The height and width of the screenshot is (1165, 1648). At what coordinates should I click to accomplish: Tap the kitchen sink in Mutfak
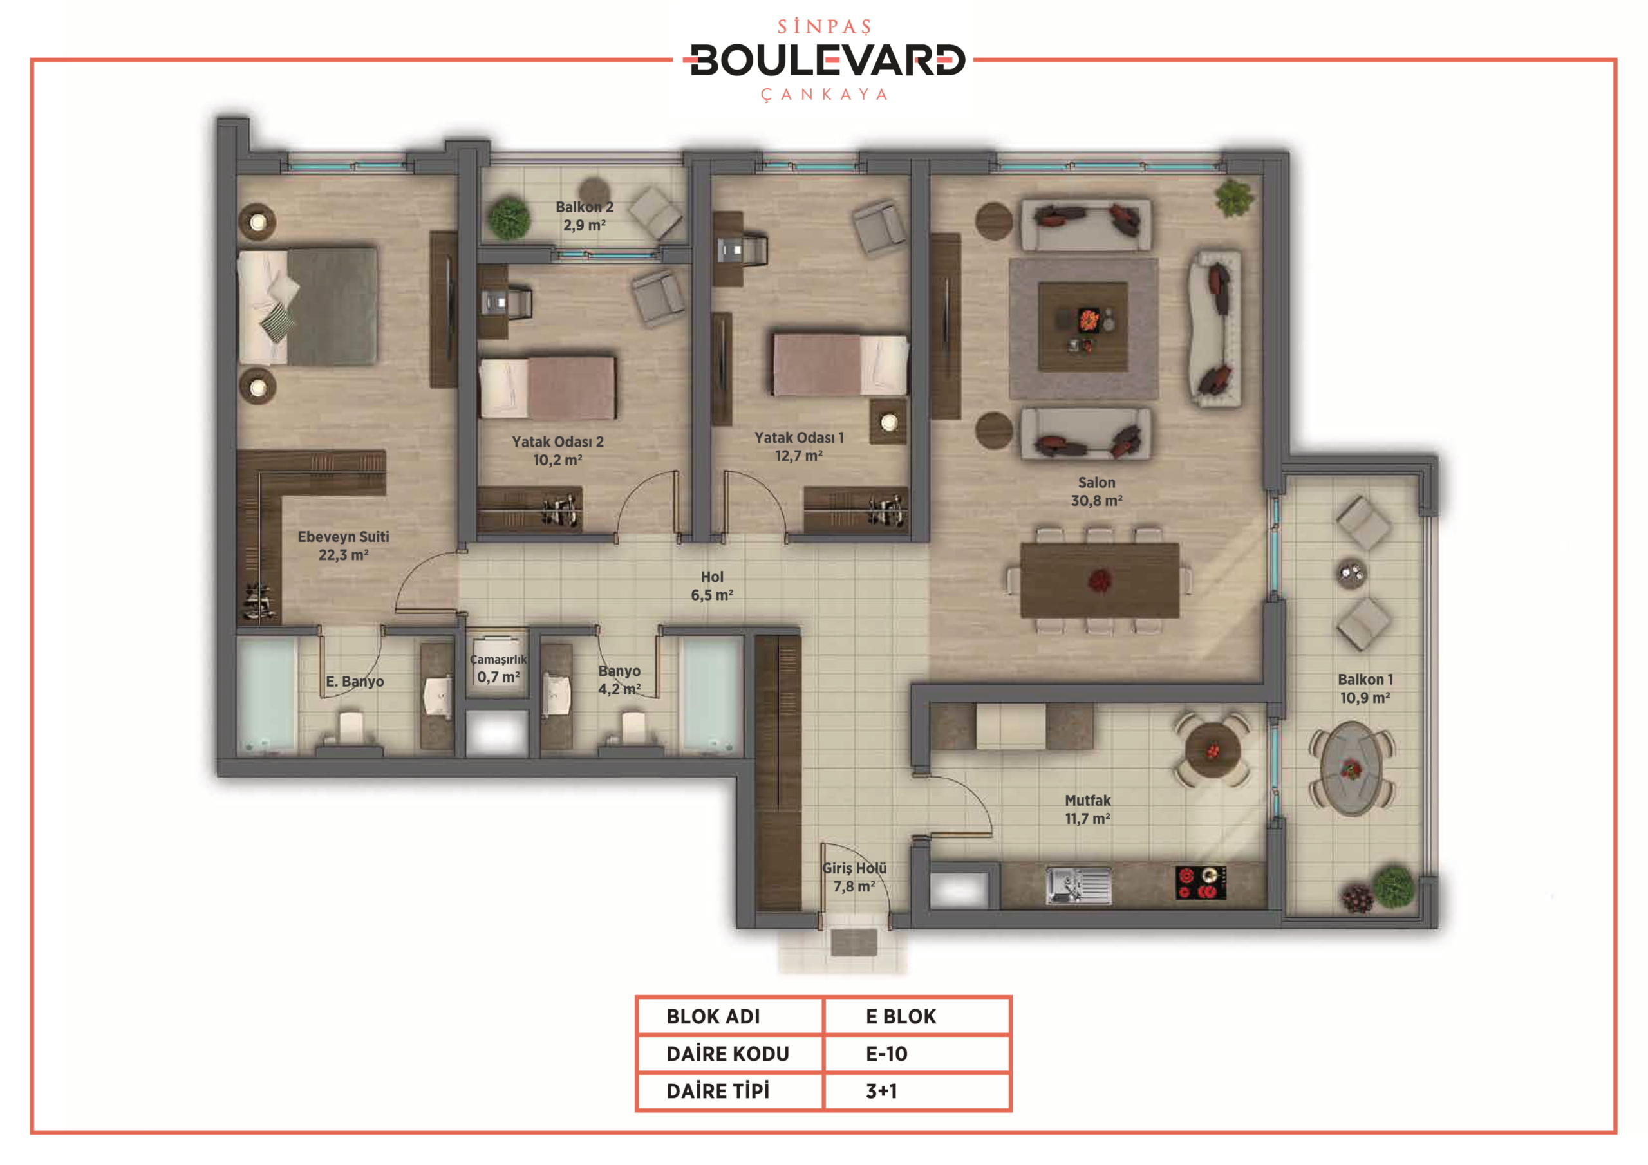1078,885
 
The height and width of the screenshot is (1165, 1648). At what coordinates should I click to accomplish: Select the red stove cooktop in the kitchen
1201,883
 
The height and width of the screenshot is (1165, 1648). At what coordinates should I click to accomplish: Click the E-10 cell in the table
886,1054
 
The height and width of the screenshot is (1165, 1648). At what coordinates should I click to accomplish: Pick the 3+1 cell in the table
881,1091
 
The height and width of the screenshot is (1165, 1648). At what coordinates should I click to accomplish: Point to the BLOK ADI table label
713,1016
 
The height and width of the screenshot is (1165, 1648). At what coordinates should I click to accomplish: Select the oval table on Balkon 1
1352,770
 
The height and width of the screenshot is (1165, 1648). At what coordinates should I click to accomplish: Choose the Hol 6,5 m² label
712,586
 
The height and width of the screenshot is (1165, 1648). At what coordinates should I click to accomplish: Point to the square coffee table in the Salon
1083,326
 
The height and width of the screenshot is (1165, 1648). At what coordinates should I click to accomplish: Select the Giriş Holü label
854,877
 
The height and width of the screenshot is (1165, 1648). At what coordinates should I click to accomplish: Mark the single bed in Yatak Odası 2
547,387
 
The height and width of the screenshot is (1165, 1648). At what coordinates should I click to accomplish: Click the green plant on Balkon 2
509,218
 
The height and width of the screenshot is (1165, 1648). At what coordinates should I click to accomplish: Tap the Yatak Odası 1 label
798,447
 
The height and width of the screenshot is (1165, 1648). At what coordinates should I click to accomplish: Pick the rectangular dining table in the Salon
1100,580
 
